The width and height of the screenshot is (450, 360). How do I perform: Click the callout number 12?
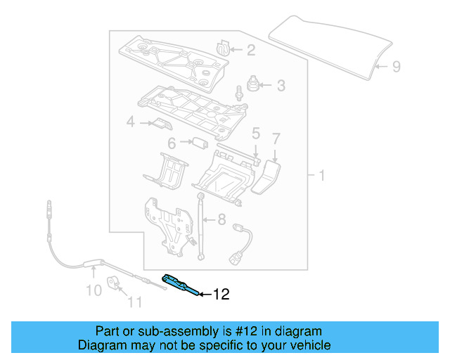tap(221, 295)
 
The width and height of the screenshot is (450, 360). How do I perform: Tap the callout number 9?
tap(396, 67)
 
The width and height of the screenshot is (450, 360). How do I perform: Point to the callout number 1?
tap(322, 175)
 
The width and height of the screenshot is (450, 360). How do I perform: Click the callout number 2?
tap(250, 50)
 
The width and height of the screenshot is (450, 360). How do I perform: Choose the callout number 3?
tap(281, 86)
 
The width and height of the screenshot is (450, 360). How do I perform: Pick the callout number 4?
tap(130, 124)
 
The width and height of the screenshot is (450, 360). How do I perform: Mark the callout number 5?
tap(256, 133)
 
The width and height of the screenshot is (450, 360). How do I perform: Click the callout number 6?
tap(171, 143)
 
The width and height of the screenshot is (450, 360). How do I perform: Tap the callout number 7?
tap(276, 138)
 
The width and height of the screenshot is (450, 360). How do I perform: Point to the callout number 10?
tap(94, 290)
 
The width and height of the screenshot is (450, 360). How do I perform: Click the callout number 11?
tap(134, 303)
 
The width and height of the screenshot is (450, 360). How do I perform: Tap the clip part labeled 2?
tap(224, 48)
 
